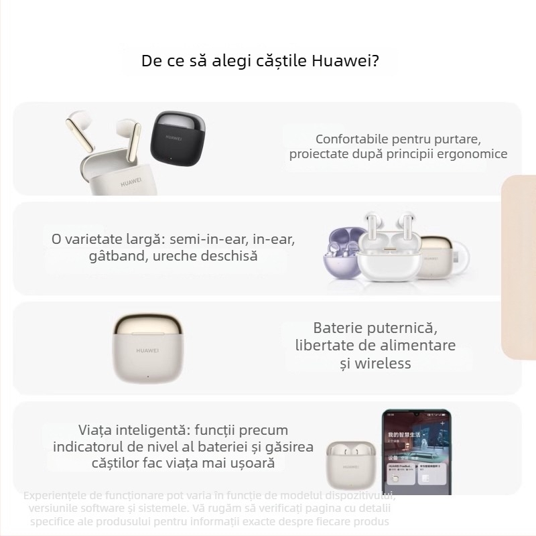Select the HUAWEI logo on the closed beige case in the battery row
pos(147,349)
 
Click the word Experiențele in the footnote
pos(56,496)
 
